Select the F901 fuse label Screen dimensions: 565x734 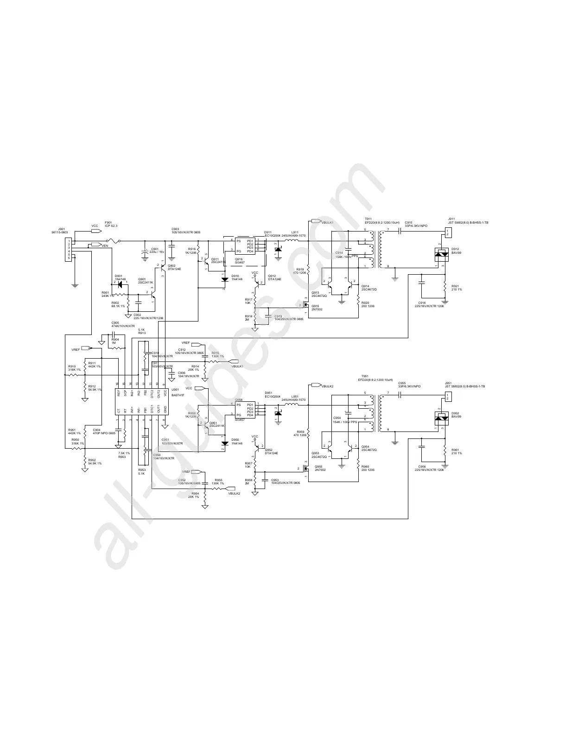(108, 222)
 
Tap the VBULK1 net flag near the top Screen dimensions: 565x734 (328, 223)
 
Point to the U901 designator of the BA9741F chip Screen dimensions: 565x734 (175, 389)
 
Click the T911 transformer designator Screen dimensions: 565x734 (368, 219)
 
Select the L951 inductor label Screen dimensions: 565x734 (295, 396)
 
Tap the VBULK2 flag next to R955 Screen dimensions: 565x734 (234, 494)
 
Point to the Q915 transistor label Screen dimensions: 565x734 (316, 306)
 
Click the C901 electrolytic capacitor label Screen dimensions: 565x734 (154, 249)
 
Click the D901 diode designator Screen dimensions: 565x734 (119, 276)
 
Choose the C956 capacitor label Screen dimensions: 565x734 (422, 466)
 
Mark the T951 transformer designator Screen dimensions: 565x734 (365, 376)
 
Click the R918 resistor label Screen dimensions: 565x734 (248, 316)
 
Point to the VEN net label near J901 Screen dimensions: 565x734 (105, 246)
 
